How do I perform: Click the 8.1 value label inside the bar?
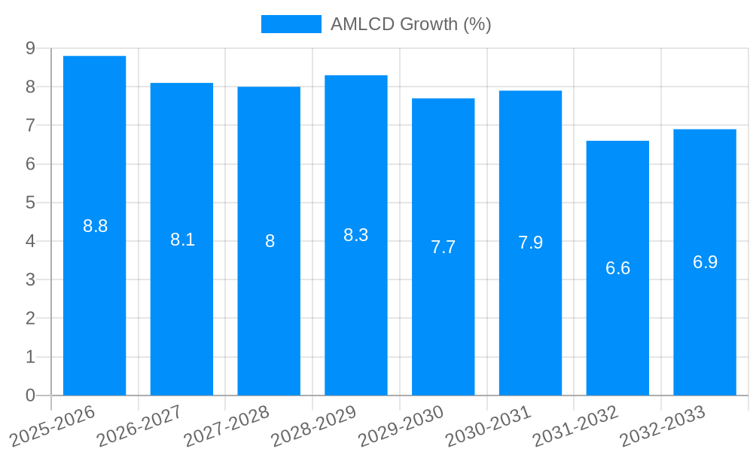tap(182, 240)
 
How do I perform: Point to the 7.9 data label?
tap(530, 243)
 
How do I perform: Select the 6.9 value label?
tap(705, 262)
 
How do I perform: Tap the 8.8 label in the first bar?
tap(95, 226)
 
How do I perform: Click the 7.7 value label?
tap(443, 247)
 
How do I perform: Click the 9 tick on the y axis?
tap(30, 48)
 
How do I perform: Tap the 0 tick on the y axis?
tap(30, 395)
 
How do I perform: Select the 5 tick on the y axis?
tap(30, 203)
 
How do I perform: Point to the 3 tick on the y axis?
tap(30, 279)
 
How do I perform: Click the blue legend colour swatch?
tap(291, 24)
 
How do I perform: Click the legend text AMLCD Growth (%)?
tap(410, 24)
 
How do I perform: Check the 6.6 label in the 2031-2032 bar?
tap(617, 268)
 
